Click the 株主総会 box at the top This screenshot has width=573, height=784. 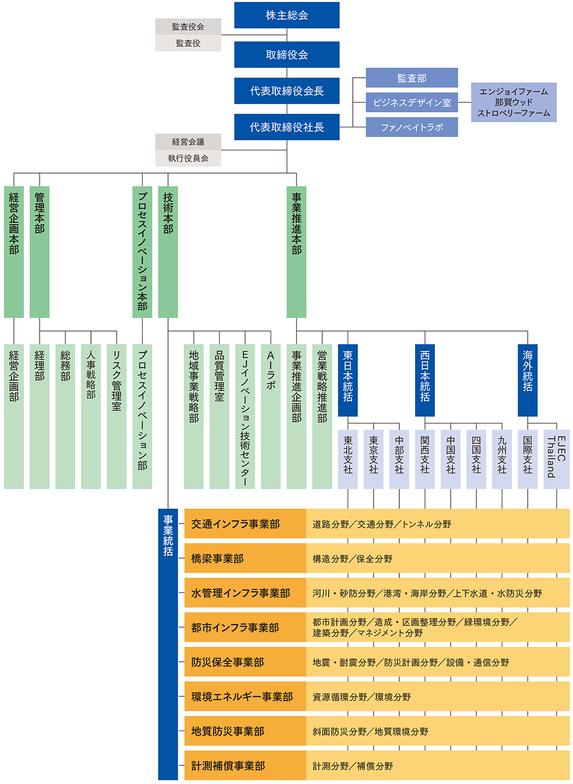click(x=286, y=15)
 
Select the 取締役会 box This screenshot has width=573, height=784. click(x=286, y=55)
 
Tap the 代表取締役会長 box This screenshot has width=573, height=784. click(x=286, y=91)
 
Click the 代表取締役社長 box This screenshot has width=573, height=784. click(x=286, y=127)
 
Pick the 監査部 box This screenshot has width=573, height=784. click(x=411, y=78)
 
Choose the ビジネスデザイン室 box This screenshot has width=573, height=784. click(x=411, y=103)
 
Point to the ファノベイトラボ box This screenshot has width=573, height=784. click(x=411, y=127)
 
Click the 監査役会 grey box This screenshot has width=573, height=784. click(x=188, y=27)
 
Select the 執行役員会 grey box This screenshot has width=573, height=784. click(x=188, y=158)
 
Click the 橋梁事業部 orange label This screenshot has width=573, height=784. click(x=245, y=559)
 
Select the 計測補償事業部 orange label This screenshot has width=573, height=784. click(x=245, y=766)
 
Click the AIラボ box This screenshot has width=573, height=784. click(x=271, y=417)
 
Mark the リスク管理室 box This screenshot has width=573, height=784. click(x=117, y=417)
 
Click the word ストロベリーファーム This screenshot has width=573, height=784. click(x=513, y=114)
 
